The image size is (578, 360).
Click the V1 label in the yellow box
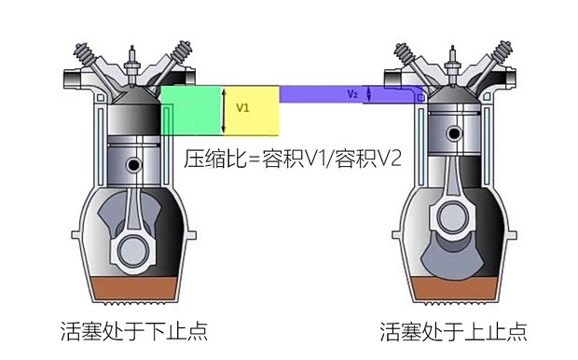click(243, 108)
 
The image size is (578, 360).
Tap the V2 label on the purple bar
click(352, 94)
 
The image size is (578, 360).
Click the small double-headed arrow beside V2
click(370, 94)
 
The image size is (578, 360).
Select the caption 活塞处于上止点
click(454, 331)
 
